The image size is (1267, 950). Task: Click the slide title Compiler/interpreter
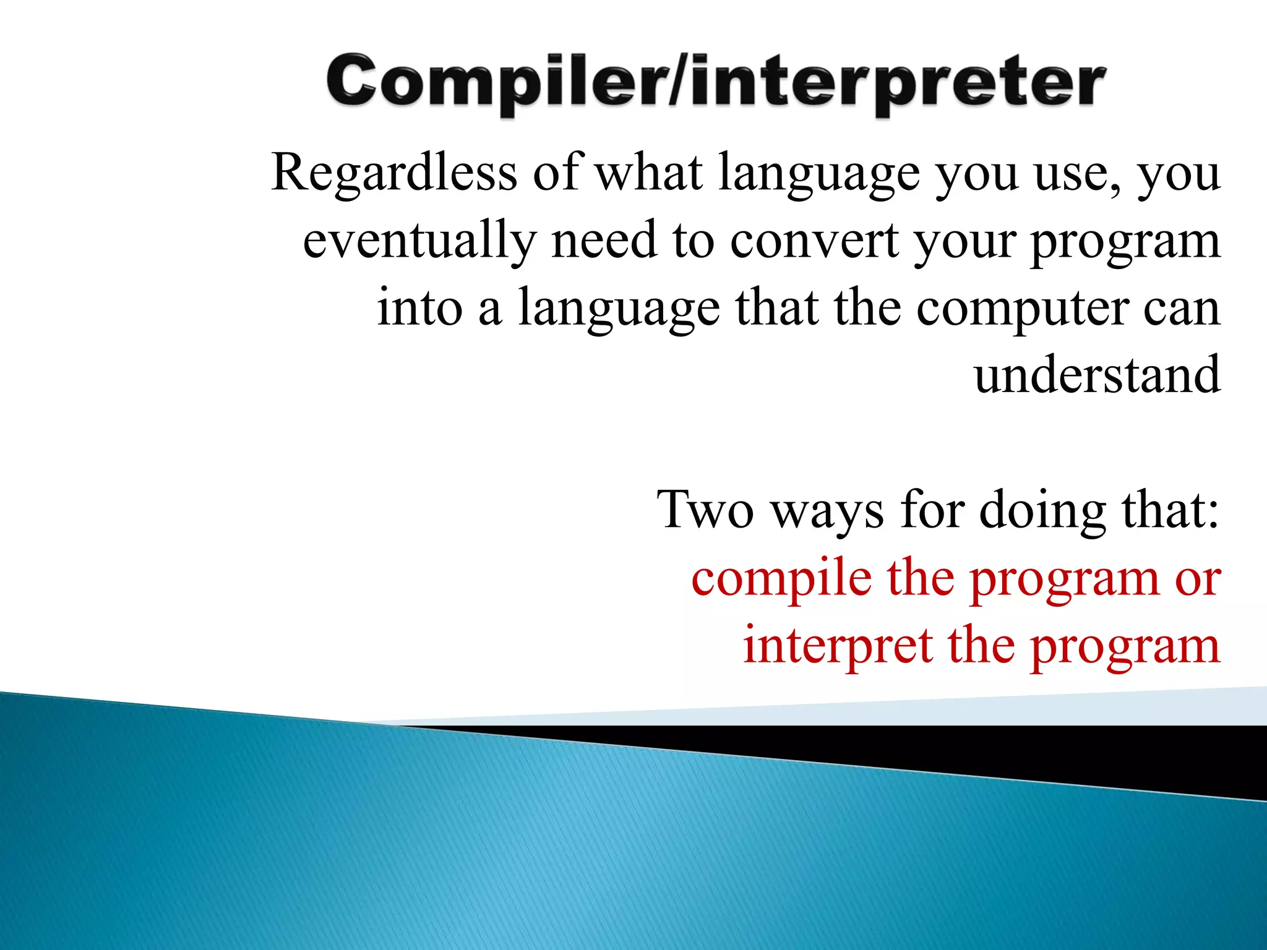[716, 83]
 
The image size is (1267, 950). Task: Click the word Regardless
[394, 173]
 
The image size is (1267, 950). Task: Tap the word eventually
[419, 241]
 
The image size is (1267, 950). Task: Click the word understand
[1097, 375]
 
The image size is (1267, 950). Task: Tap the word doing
[1043, 510]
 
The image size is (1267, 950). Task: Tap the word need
[604, 241]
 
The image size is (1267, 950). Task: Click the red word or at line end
[1198, 580]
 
